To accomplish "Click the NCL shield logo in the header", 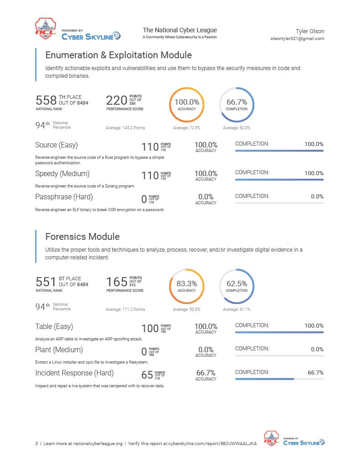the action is click(46, 29).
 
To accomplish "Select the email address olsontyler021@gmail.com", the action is click(297, 39).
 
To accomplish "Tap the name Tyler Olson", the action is click(310, 31).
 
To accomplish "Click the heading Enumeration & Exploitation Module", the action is click(118, 55).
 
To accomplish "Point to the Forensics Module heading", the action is click(82, 237).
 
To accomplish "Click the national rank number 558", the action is click(46, 100).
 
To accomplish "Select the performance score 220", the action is click(117, 100).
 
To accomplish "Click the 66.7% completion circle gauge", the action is click(254, 105).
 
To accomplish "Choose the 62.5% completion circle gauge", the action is click(254, 286).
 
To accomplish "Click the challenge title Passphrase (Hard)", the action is click(64, 197).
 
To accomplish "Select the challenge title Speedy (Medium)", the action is click(62, 174).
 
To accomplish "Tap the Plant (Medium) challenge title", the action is click(59, 350).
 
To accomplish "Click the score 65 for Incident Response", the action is click(147, 375).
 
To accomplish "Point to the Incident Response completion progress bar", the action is click(279, 379).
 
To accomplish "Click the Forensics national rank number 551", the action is click(46, 282).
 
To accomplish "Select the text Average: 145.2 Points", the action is click(125, 128).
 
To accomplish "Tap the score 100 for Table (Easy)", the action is click(150, 329).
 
